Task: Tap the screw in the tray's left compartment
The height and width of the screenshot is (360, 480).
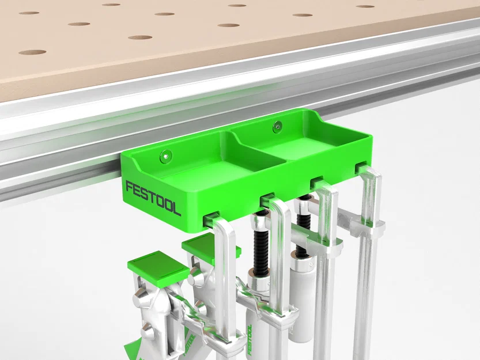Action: point(167,154)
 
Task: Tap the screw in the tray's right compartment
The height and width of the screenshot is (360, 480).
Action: point(278,125)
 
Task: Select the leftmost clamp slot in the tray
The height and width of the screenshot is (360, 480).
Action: point(211,217)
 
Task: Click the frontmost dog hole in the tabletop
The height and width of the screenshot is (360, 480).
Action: point(32,52)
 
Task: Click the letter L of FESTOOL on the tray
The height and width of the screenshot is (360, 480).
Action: point(176,209)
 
